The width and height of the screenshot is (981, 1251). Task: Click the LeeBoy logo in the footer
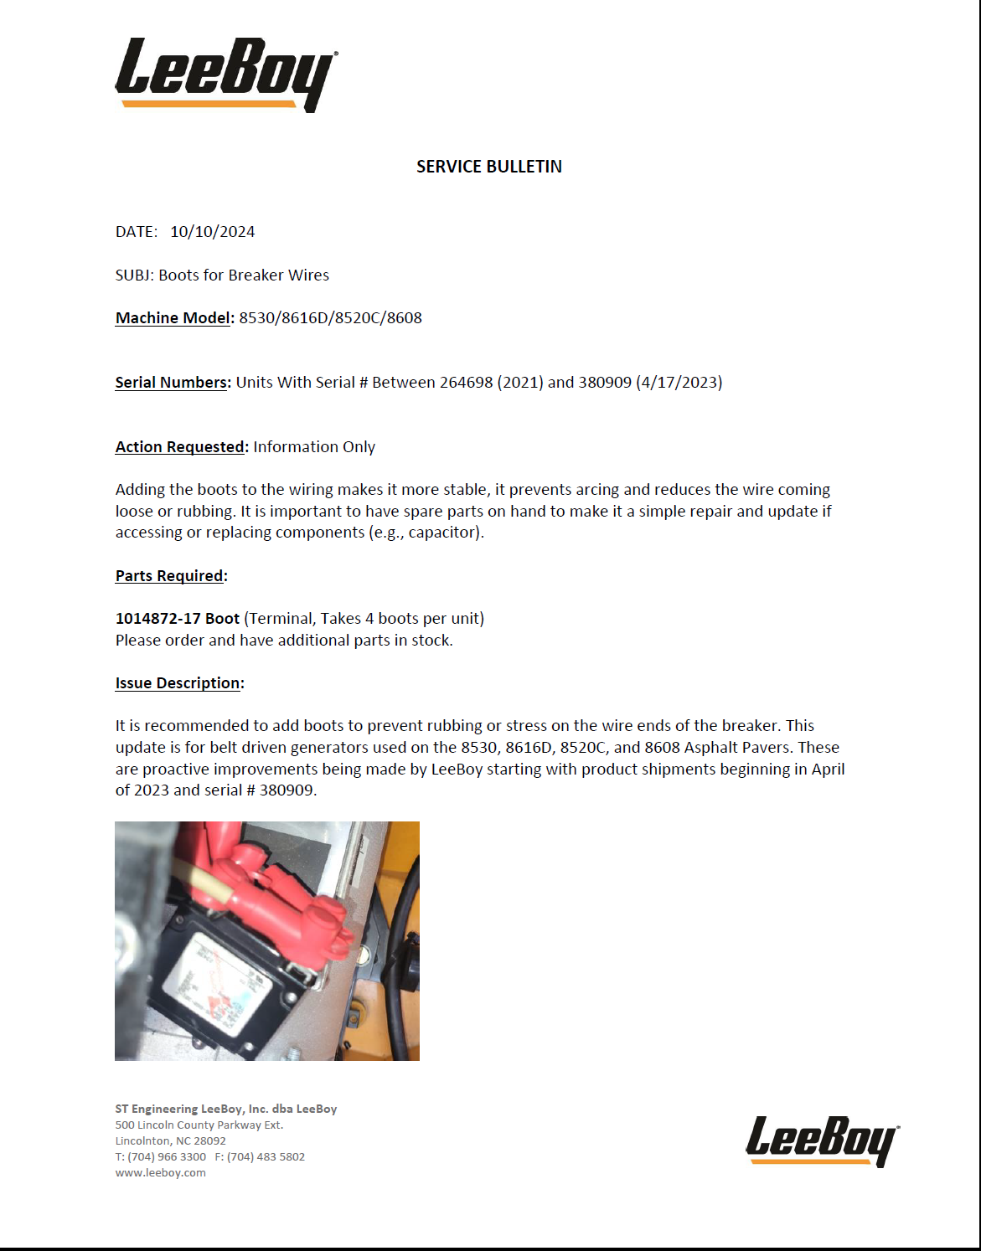click(821, 1140)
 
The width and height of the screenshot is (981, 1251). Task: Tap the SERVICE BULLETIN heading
click(489, 167)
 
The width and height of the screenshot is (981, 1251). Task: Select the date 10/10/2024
click(212, 232)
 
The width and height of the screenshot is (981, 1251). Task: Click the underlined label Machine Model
click(173, 318)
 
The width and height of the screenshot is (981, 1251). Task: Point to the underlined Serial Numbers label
click(171, 383)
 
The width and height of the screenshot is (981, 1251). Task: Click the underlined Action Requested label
click(179, 447)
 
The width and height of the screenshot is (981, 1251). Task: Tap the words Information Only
click(314, 447)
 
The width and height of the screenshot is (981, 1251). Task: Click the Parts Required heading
click(170, 576)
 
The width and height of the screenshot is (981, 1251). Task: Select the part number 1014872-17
click(157, 619)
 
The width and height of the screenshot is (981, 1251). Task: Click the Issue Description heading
click(178, 683)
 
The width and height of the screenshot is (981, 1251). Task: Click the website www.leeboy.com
click(160, 1173)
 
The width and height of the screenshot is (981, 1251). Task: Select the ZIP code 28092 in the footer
click(209, 1141)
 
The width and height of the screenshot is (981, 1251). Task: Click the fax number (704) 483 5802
click(266, 1157)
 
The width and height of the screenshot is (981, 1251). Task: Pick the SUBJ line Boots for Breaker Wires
click(244, 275)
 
